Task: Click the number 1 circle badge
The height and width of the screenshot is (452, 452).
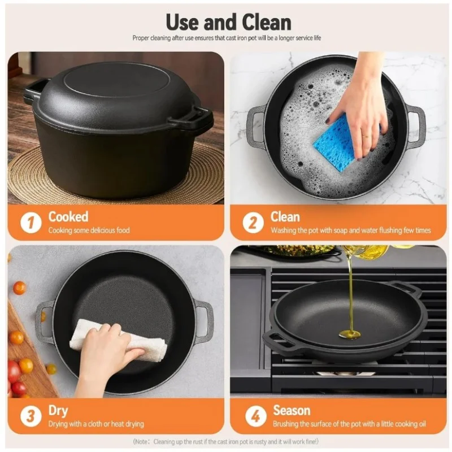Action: tap(31, 223)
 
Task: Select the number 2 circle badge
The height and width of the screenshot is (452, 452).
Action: tap(253, 223)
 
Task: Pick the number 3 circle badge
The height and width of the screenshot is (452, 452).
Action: tap(31, 416)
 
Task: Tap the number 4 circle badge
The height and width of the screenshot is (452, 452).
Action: tap(256, 416)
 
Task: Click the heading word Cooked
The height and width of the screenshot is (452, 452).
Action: tap(68, 216)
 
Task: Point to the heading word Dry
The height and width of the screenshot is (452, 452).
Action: tap(58, 411)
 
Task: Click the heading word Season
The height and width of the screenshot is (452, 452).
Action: tap(292, 410)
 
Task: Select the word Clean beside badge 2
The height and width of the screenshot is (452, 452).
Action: tap(285, 217)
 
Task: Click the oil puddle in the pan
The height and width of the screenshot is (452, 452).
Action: tap(349, 334)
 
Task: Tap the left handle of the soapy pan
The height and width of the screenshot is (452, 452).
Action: tap(256, 127)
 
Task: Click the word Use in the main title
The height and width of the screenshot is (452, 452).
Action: tap(182, 22)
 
